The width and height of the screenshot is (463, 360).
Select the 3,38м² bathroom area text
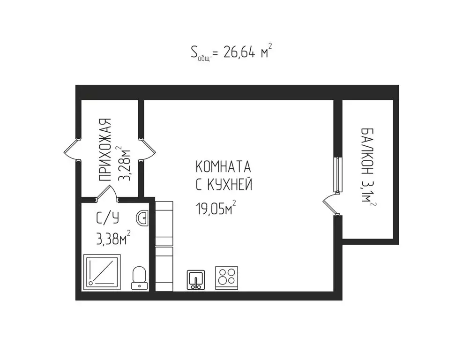click(113, 239)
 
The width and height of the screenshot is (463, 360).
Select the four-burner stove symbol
click(226, 277)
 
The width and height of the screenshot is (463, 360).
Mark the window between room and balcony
click(336, 175)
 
